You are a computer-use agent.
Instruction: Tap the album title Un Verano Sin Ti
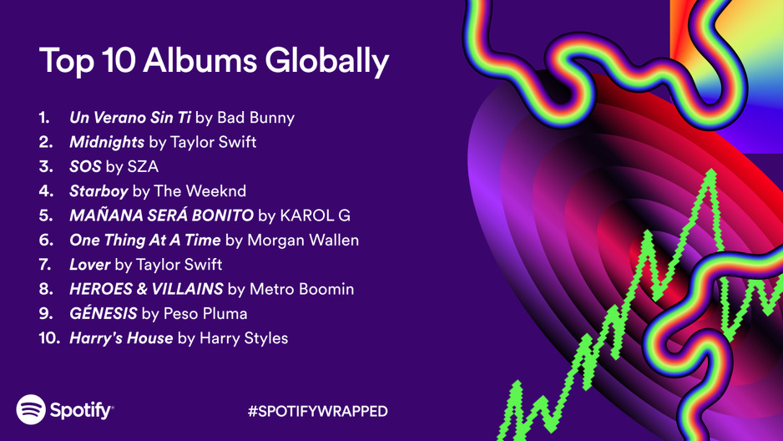(x=129, y=118)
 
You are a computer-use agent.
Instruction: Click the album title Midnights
(x=107, y=142)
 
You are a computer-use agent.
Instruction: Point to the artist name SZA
(x=144, y=167)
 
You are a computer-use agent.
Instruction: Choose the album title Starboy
(x=99, y=191)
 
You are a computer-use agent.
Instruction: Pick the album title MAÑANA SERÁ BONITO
(x=161, y=215)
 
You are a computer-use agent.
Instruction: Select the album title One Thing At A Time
(x=145, y=241)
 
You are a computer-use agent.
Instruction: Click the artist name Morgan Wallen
(x=303, y=241)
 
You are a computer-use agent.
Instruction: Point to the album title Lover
(x=90, y=265)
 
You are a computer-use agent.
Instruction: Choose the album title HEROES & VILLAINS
(x=146, y=289)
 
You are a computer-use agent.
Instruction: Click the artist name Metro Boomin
(x=302, y=289)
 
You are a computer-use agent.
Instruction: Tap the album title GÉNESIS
(x=104, y=314)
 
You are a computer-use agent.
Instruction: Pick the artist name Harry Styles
(x=244, y=338)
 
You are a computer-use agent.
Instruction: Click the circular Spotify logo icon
(x=31, y=409)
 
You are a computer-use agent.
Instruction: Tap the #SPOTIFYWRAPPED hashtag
(x=318, y=411)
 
